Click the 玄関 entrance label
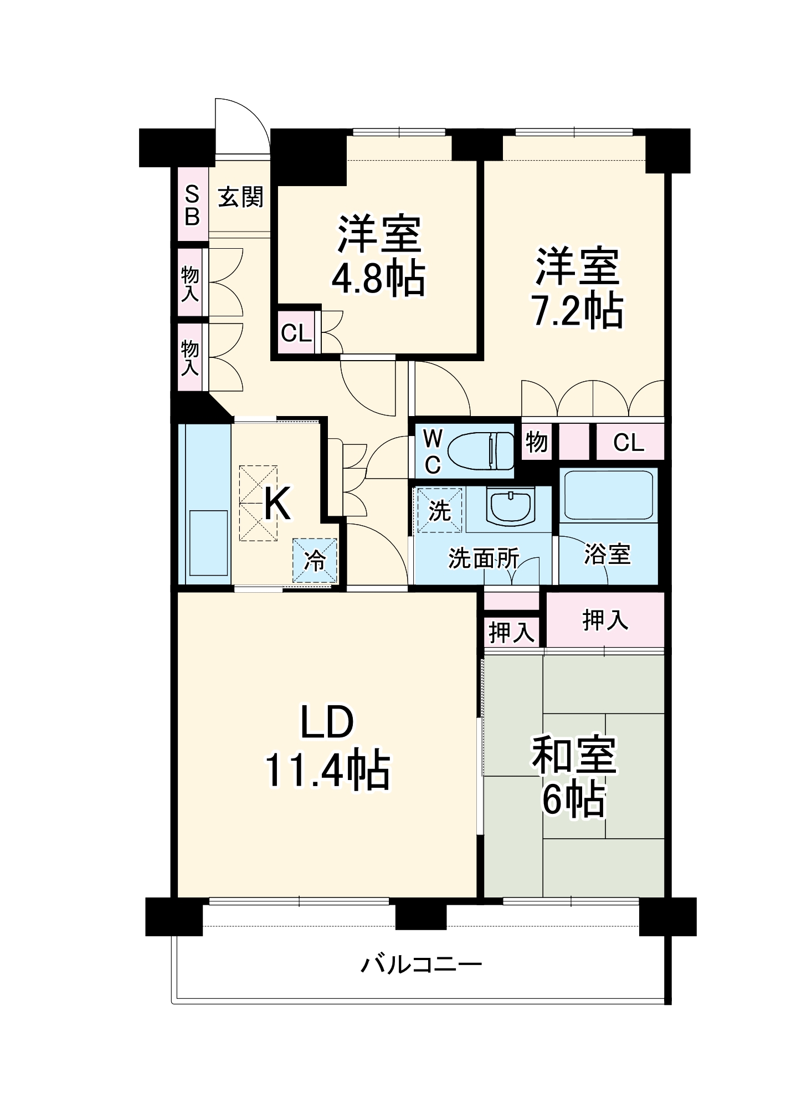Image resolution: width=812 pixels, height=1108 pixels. (240, 197)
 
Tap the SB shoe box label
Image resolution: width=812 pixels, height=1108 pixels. (192, 206)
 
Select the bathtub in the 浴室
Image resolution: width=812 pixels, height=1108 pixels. (608, 495)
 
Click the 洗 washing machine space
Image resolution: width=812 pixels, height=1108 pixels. (439, 510)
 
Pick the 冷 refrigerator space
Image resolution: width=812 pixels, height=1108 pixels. (315, 561)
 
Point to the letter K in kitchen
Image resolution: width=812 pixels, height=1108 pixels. (276, 503)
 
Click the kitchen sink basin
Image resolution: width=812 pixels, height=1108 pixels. (209, 543)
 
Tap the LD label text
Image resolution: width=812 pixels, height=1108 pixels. (327, 722)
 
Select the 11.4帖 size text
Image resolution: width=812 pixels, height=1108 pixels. (328, 770)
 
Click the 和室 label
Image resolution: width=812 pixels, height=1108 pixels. (574, 755)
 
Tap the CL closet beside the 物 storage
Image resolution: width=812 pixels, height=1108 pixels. (629, 442)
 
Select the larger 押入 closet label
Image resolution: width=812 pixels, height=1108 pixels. (605, 620)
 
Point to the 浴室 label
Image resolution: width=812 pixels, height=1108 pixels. (607, 554)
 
